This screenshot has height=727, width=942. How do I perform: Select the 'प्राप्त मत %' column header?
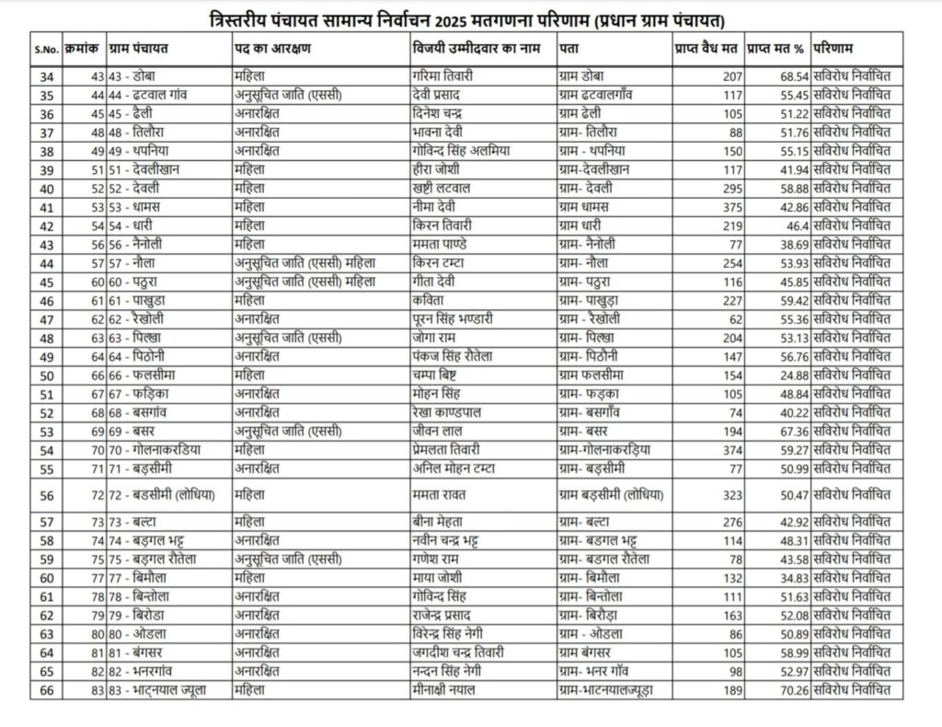pos(776,46)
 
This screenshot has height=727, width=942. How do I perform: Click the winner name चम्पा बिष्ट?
pos(440,375)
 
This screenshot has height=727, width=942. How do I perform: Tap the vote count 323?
pos(731,495)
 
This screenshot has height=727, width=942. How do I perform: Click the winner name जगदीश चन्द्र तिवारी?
pos(461,652)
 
